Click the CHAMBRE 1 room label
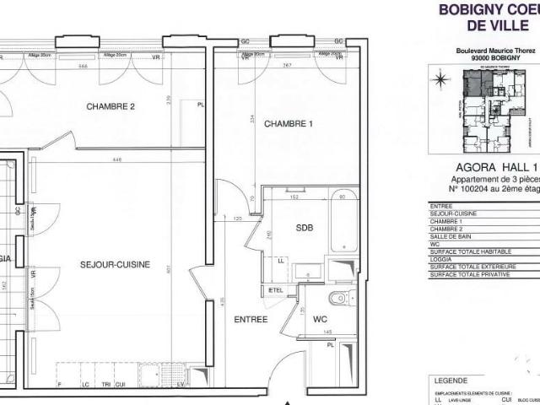pyautogui.click(x=289, y=124)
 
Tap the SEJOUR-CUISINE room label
pyautogui.click(x=115, y=264)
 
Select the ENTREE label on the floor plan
pyautogui.click(x=250, y=319)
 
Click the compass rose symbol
pyautogui.click(x=440, y=81)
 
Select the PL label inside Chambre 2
pyautogui.click(x=201, y=105)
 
